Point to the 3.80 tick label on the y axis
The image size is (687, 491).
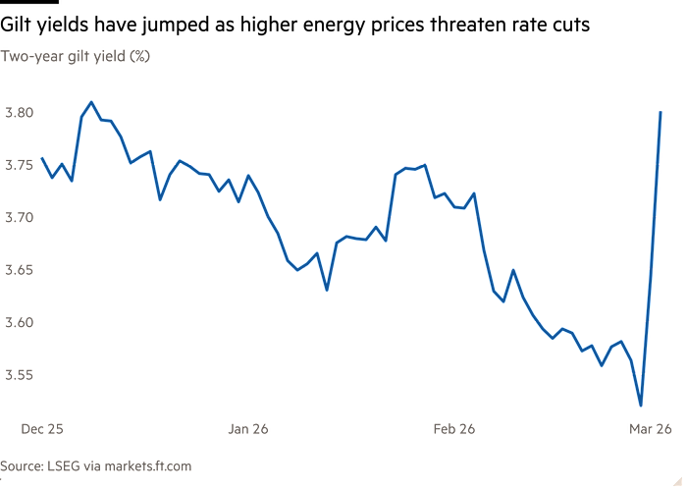pyautogui.click(x=20, y=112)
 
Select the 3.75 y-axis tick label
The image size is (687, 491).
pyautogui.click(x=20, y=165)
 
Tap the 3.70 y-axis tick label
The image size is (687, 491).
pyautogui.click(x=20, y=217)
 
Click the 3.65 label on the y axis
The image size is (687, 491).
pyautogui.click(x=20, y=269)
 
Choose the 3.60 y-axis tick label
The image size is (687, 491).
pyautogui.click(x=20, y=322)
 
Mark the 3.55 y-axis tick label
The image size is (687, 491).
pyautogui.click(x=20, y=374)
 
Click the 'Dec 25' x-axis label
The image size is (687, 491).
pyautogui.click(x=42, y=428)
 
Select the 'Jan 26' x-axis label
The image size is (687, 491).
pyautogui.click(x=248, y=428)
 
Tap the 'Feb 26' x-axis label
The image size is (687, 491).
pyautogui.click(x=453, y=428)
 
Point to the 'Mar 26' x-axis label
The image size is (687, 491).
pyautogui.click(x=651, y=428)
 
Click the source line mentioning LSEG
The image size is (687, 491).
pyautogui.click(x=95, y=465)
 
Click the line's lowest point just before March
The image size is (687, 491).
pyautogui.click(x=641, y=404)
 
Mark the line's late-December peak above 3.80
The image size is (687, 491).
pyautogui.click(x=91, y=101)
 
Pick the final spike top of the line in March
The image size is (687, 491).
pyautogui.click(x=661, y=111)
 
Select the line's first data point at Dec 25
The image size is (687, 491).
pyautogui.click(x=42, y=159)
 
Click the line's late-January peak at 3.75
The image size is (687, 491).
pyautogui.click(x=424, y=165)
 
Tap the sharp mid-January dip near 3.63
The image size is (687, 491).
pyautogui.click(x=327, y=290)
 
